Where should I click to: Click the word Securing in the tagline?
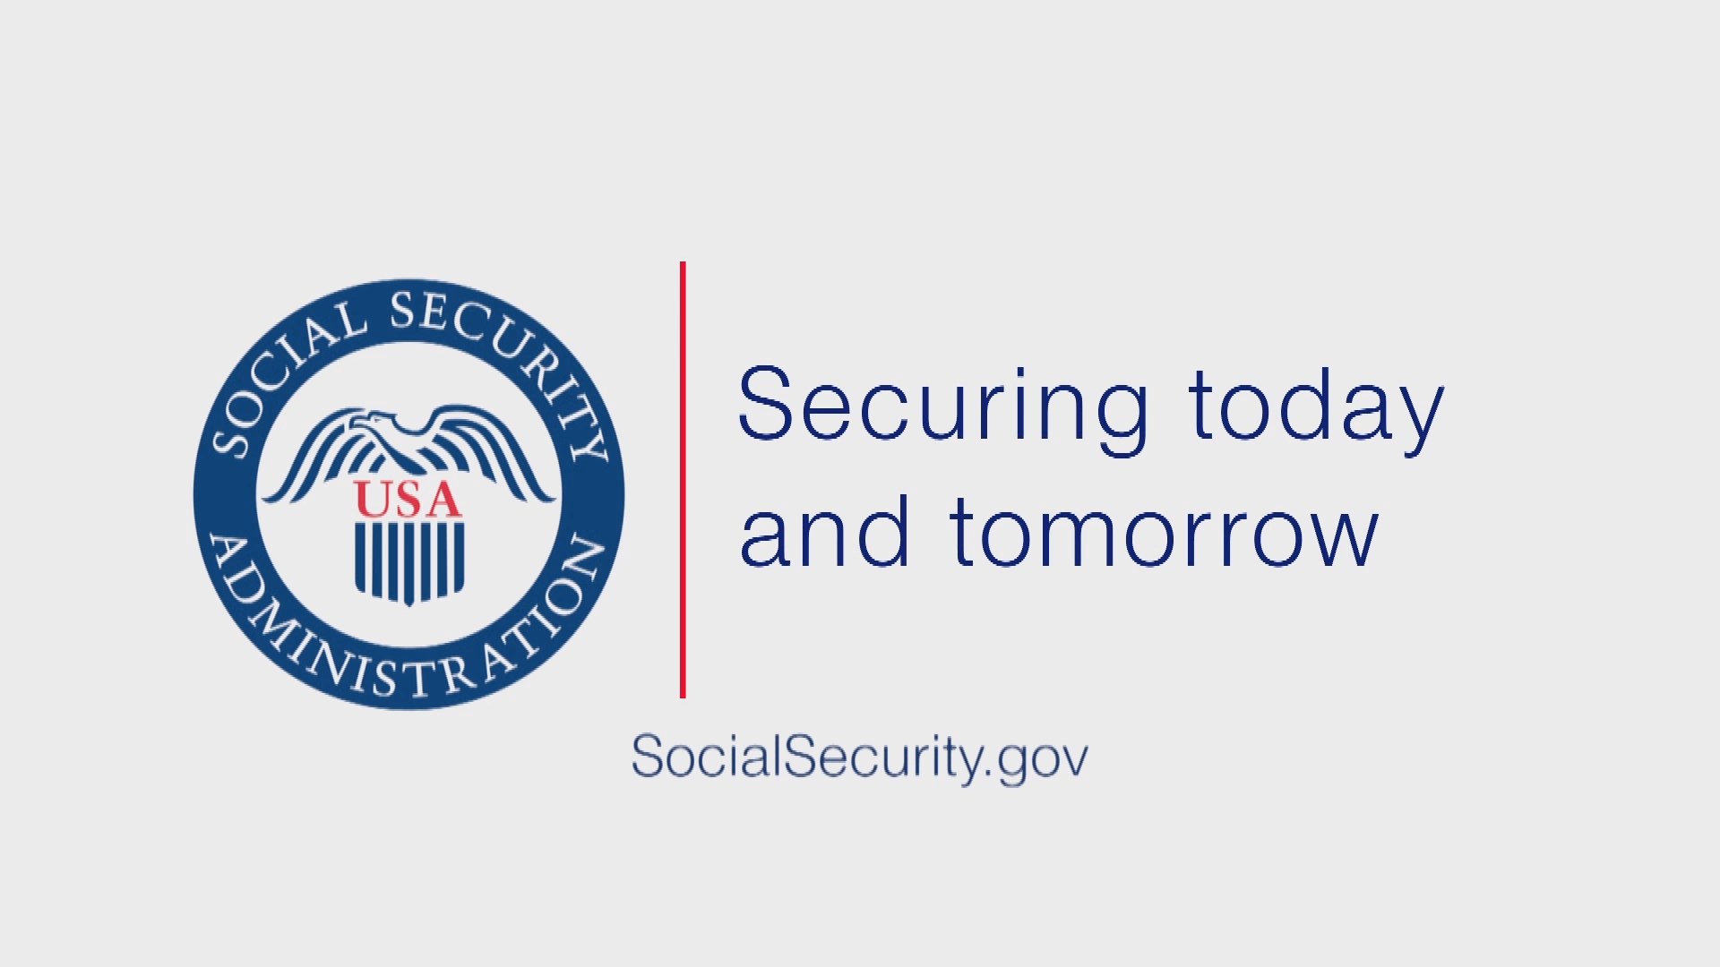[942, 411]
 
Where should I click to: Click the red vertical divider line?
[683, 479]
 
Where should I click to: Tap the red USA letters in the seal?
[408, 499]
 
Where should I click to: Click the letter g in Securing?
[1121, 421]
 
